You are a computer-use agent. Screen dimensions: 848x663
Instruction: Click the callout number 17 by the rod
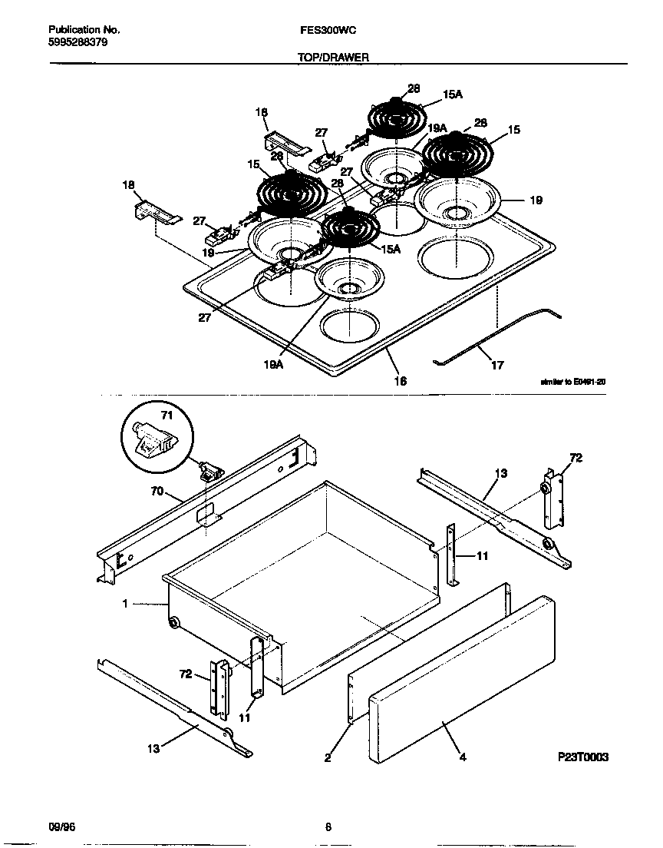coord(497,366)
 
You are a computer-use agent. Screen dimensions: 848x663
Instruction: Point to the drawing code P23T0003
coord(583,757)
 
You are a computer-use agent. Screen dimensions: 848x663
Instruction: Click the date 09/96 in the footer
coord(62,827)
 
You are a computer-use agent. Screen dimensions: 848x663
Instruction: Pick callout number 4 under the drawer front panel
coord(463,757)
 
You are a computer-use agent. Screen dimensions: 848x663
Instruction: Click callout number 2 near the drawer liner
coord(328,758)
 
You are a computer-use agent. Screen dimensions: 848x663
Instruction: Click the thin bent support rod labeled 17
coord(491,338)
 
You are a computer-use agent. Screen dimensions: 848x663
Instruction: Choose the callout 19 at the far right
coord(536,200)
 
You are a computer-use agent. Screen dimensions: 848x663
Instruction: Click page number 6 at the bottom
coord(328,827)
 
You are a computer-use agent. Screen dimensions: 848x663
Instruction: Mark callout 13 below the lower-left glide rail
coord(153,747)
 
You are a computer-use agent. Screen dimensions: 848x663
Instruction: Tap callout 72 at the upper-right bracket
coord(576,459)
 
